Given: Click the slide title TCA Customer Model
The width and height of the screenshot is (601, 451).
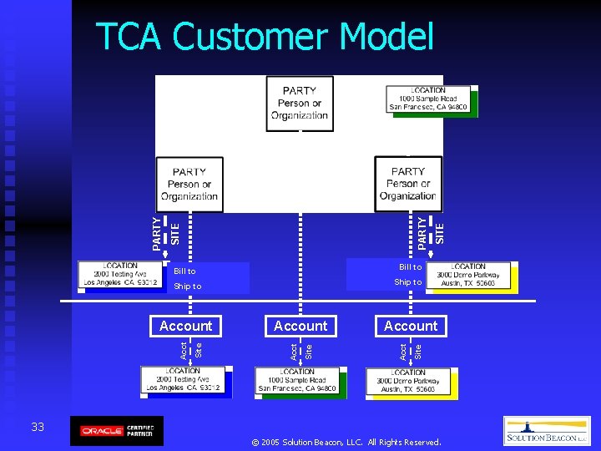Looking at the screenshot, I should [x=265, y=38].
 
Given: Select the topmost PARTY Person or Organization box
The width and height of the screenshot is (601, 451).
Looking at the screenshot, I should [x=300, y=104].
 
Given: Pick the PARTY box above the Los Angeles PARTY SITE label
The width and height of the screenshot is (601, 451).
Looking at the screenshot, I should [x=189, y=185].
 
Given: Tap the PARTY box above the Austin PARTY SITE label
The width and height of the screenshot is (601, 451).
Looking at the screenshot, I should [x=408, y=185].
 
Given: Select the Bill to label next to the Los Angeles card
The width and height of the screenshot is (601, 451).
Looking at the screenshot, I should [x=184, y=271].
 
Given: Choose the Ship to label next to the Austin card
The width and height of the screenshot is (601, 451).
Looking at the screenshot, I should [x=407, y=282].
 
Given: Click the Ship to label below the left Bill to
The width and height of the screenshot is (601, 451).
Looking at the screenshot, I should [x=187, y=286].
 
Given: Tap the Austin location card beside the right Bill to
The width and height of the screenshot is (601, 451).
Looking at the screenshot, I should [x=472, y=276].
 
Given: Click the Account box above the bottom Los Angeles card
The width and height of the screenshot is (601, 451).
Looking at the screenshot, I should [x=186, y=326].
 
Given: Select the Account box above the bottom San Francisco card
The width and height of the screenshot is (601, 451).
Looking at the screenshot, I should [x=300, y=326].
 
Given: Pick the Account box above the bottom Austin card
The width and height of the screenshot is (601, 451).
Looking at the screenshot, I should [x=410, y=326].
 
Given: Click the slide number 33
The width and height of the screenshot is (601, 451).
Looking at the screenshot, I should [x=38, y=428].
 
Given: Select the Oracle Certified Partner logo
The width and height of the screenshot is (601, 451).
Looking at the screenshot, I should [x=117, y=431].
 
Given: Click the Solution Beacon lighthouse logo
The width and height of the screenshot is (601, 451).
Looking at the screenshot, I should [x=547, y=431].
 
